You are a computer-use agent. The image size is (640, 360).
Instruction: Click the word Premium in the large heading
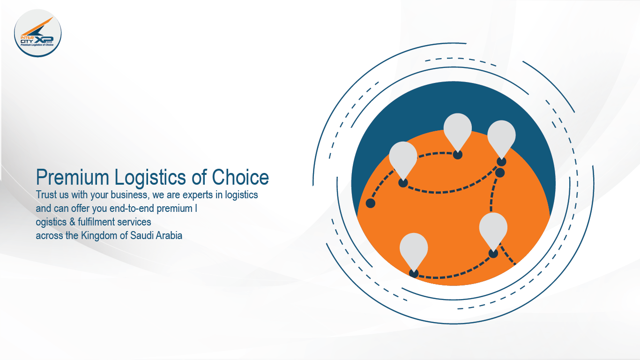pyautogui.click(x=73, y=177)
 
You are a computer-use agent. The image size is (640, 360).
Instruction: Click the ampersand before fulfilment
pyautogui.click(x=72, y=222)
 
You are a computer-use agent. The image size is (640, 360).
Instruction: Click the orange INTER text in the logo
pyautogui.click(x=27, y=37)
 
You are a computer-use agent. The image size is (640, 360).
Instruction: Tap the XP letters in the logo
pyautogui.click(x=45, y=40)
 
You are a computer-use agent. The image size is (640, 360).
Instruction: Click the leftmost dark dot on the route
pyautogui.click(x=371, y=203)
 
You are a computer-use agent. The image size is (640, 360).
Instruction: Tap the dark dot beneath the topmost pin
pyautogui.click(x=458, y=155)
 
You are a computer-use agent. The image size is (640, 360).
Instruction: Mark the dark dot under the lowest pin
pyautogui.click(x=414, y=274)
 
